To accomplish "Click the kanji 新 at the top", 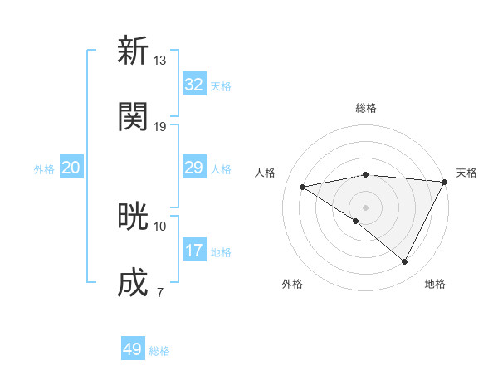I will [x=133, y=51].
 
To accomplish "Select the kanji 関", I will [x=133, y=116].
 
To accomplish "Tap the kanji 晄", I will [x=133, y=217].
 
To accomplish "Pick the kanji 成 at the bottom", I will [x=133, y=283].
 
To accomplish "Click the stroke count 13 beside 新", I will [x=159, y=60].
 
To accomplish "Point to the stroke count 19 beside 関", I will [x=159, y=126].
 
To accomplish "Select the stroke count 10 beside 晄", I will [x=159, y=226].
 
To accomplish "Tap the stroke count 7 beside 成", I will [x=159, y=292].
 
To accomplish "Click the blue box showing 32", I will [x=193, y=85].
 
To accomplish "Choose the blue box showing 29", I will [x=193, y=168].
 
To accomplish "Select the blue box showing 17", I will [x=193, y=251].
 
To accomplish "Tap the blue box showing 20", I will [x=71, y=168].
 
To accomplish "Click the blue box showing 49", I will [x=133, y=349].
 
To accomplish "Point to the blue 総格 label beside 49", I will [x=159, y=351].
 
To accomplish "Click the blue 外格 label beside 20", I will [x=44, y=169].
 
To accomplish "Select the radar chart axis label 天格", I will [x=466, y=173].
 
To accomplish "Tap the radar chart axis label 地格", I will [x=435, y=284].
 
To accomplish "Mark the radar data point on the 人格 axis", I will [x=303, y=187].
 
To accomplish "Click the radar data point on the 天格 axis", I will [x=445, y=181].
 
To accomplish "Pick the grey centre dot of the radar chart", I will [x=365, y=207].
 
